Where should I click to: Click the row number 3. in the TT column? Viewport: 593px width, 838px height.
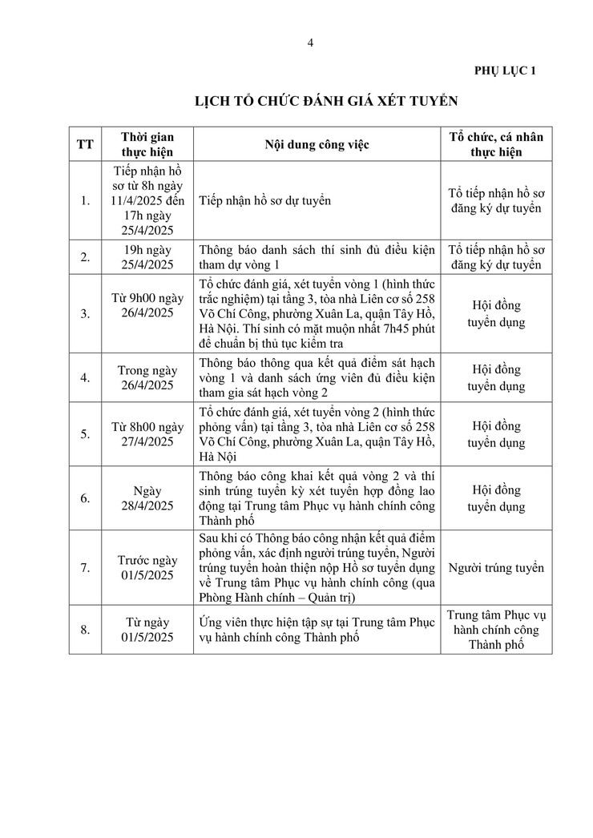[x=85, y=314]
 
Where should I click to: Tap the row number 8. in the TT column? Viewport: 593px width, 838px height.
[x=85, y=630]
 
